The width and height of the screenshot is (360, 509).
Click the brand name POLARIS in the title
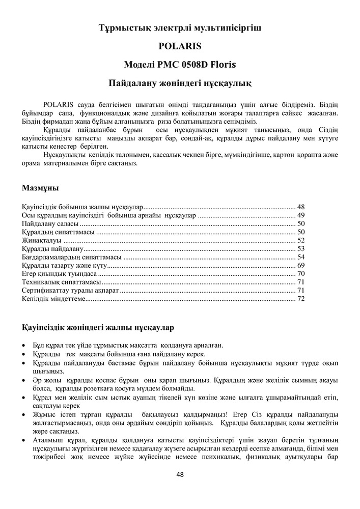pos(180,46)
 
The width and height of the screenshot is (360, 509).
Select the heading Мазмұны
pos(40,188)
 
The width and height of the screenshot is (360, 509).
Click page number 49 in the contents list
pos(300,215)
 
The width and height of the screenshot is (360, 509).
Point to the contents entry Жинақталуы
pos(41,240)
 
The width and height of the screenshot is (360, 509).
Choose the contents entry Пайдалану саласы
pos(50,224)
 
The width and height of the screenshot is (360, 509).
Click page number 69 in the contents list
pos(300,265)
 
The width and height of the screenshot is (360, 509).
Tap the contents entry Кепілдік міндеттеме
pos(54,299)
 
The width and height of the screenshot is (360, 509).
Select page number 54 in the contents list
pos(300,257)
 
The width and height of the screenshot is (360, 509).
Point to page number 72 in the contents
pos(300,299)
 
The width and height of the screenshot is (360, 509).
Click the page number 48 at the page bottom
pos(180,474)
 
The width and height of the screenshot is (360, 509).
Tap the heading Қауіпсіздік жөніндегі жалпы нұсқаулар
pos(98,326)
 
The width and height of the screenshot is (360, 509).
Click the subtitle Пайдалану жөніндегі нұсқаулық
pos(180,82)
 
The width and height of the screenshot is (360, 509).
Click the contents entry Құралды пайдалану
pos(52,249)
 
